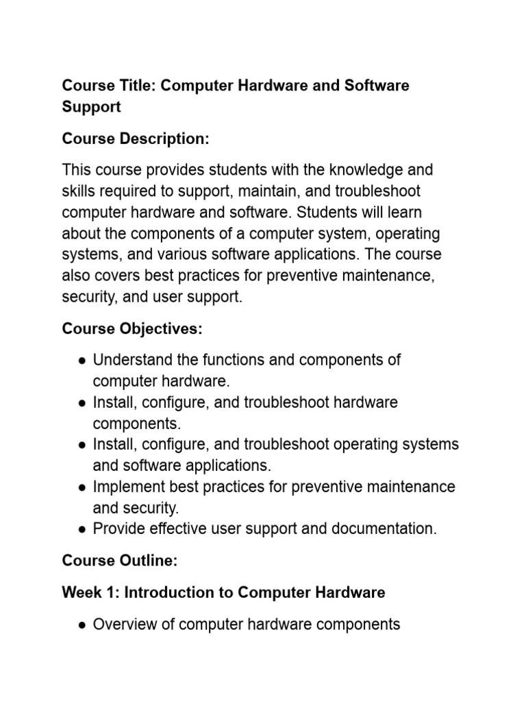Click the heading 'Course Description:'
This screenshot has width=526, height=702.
pos(135,138)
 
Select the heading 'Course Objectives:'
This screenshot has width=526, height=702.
pos(132,329)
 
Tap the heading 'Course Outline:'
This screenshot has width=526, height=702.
pos(120,561)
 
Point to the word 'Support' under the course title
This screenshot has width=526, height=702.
pos(91,107)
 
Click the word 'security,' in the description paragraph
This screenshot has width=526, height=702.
pos(91,297)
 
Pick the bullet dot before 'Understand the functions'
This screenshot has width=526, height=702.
pos(82,361)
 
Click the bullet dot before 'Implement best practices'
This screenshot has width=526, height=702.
pos(82,487)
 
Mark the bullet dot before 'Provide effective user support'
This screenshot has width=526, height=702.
pos(82,529)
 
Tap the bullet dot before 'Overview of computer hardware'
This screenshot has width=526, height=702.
pos(82,625)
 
